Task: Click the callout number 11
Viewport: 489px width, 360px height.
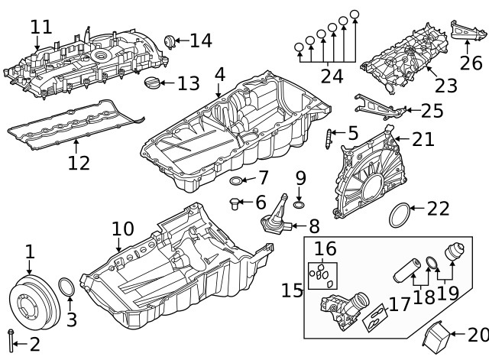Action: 41,27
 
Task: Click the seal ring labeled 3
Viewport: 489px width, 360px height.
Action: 67,288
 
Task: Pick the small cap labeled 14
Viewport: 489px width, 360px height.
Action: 171,41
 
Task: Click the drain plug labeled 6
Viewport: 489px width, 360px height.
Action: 235,203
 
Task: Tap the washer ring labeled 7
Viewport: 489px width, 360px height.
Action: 238,181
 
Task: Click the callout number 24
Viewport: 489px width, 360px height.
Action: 332,75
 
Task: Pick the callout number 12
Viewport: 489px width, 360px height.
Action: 79,162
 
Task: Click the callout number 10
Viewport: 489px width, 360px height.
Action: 122,229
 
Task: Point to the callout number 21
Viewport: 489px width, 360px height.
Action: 423,139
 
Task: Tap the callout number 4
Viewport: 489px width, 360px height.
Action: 219,75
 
